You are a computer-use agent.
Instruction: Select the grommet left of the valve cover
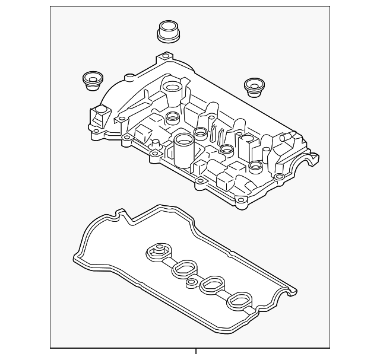(x=92, y=81)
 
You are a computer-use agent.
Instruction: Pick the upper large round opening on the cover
(x=172, y=90)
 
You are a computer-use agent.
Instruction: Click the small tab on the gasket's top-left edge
(x=121, y=212)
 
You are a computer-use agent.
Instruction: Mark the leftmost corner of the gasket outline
(x=74, y=259)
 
